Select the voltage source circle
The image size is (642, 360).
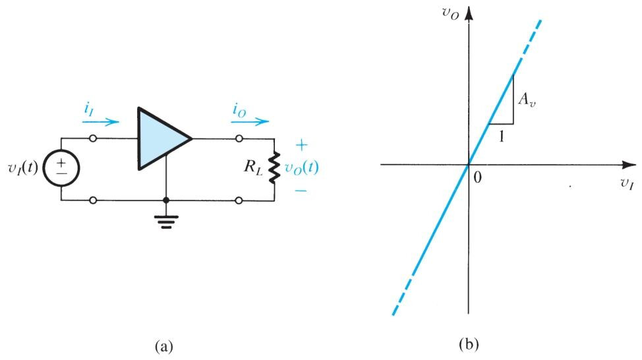61,168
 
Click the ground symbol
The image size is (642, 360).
166,221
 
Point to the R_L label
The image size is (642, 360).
253,167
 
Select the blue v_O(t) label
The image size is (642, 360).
301,167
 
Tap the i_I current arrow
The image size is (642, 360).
101,121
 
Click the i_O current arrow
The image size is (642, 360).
250,121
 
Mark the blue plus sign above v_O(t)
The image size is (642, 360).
301,145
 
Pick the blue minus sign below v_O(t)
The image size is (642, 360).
301,191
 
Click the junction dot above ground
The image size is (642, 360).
166,200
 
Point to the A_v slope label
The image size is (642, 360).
527,100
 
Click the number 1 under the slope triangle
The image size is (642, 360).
501,136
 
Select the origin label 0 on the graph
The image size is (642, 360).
477,177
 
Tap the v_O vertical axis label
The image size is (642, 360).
450,13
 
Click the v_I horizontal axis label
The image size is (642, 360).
626,183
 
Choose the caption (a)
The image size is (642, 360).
164,347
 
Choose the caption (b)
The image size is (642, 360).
469,344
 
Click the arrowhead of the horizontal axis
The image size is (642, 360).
629,165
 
